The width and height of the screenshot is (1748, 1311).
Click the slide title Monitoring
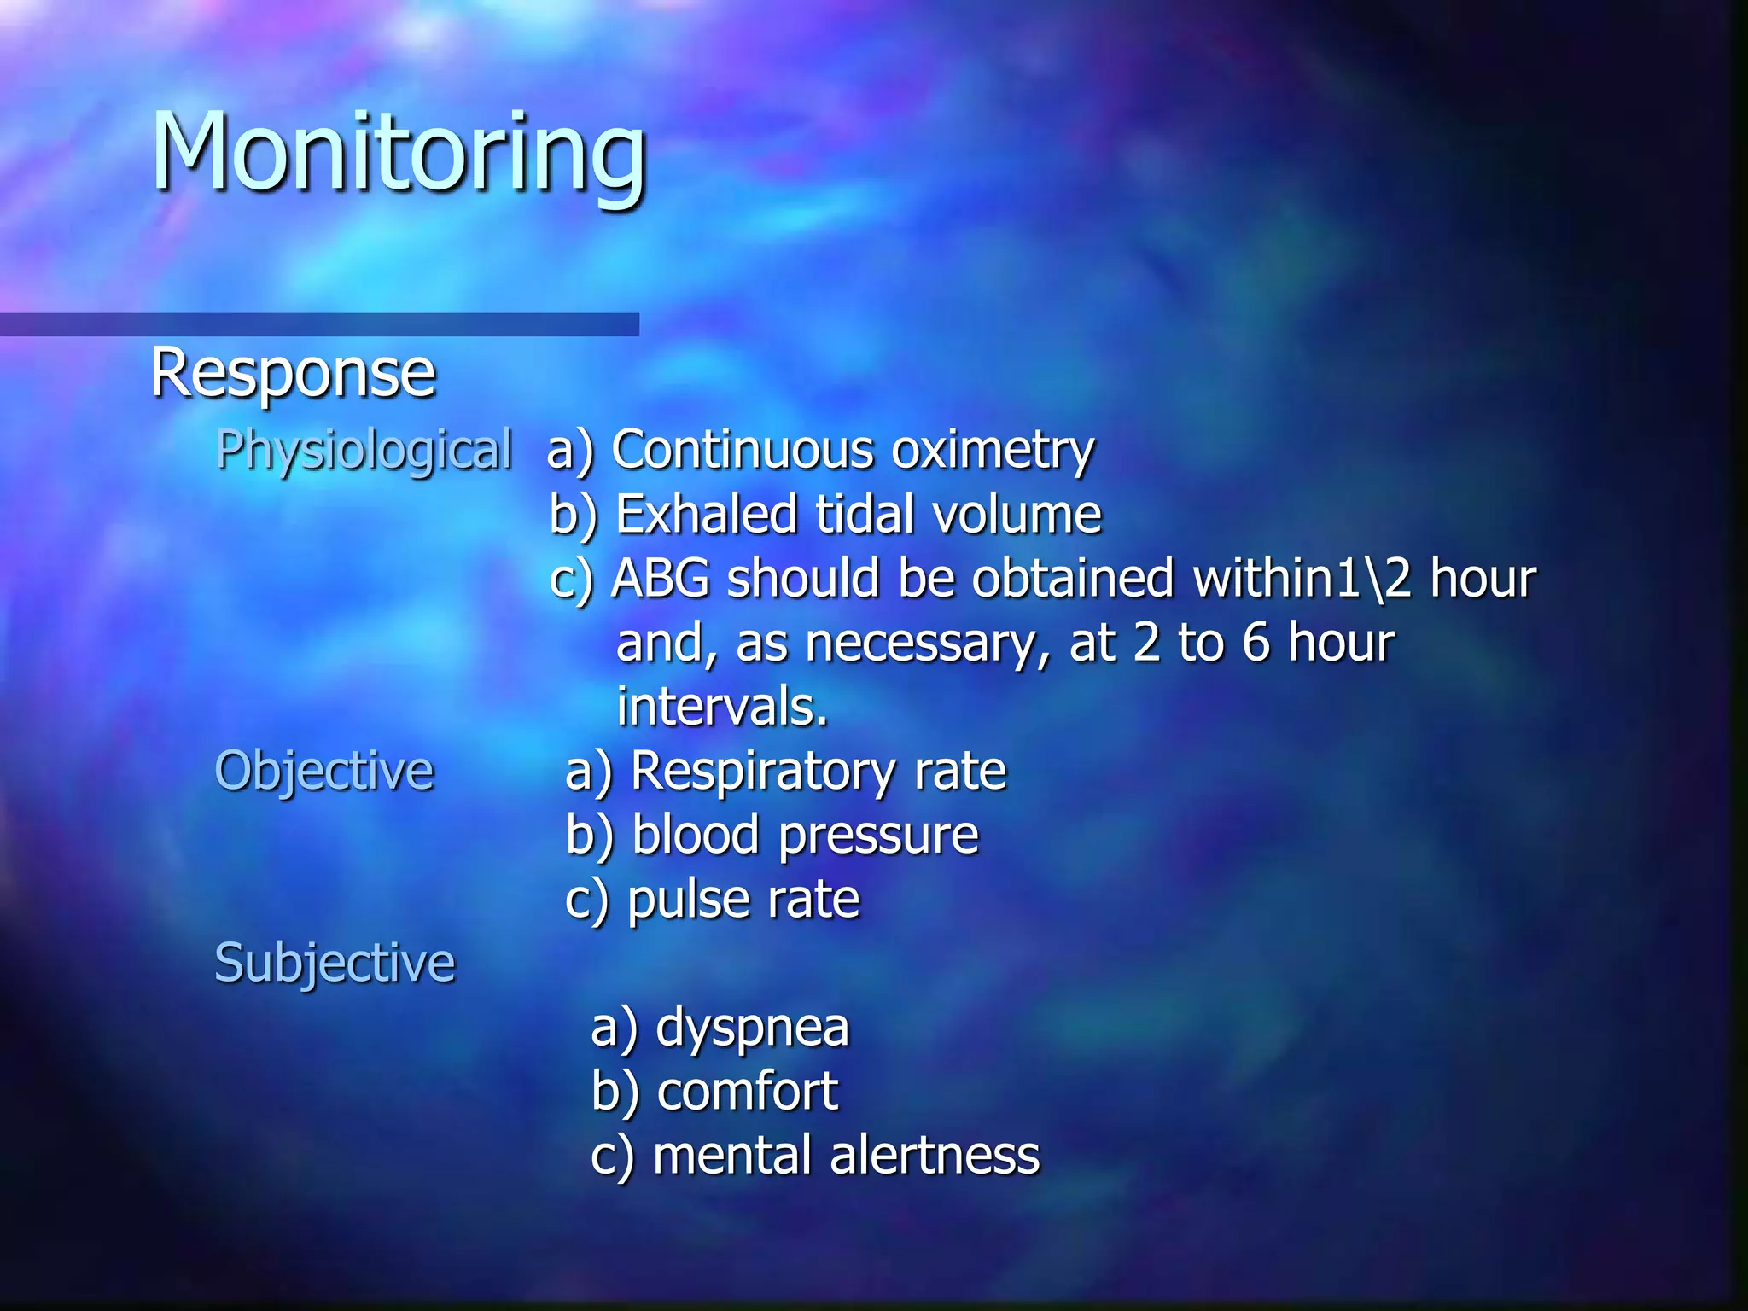point(399,154)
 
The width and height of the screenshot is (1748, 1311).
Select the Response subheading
point(293,373)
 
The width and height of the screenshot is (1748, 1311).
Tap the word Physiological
point(364,450)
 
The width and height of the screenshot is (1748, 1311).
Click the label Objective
point(324,770)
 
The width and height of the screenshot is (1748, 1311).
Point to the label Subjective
point(335,962)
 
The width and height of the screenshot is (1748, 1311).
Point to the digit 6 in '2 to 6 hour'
point(1256,642)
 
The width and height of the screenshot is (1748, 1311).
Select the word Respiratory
point(762,770)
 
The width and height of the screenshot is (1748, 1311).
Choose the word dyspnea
point(752,1027)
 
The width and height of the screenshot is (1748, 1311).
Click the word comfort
point(748,1091)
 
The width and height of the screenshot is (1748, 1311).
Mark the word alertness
point(934,1155)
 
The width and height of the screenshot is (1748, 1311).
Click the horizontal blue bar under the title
point(319,324)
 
